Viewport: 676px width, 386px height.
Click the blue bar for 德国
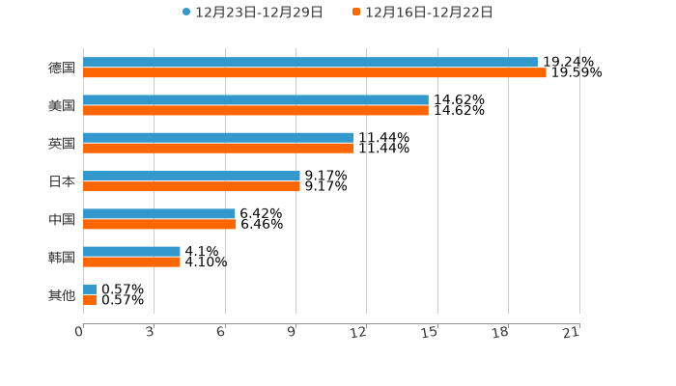(310, 62)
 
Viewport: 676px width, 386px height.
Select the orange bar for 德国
(315, 72)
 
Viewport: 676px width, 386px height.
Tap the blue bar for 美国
(256, 99)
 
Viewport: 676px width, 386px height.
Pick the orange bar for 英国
(218, 148)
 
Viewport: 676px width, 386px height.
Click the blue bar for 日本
(191, 176)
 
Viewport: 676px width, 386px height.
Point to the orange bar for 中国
(159, 224)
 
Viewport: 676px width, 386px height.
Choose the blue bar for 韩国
(131, 251)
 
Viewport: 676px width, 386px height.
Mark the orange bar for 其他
(90, 299)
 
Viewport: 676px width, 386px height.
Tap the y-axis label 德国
(62, 68)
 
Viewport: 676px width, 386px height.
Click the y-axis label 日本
(62, 181)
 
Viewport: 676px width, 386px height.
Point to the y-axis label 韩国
(62, 257)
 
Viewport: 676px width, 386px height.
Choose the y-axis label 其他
(62, 294)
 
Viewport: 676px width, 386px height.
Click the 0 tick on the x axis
(80, 333)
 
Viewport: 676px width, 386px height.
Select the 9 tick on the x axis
(293, 333)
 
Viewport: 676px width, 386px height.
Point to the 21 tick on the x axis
(572, 333)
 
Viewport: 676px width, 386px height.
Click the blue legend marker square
(186, 13)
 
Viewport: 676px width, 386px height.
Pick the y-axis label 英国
(62, 143)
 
